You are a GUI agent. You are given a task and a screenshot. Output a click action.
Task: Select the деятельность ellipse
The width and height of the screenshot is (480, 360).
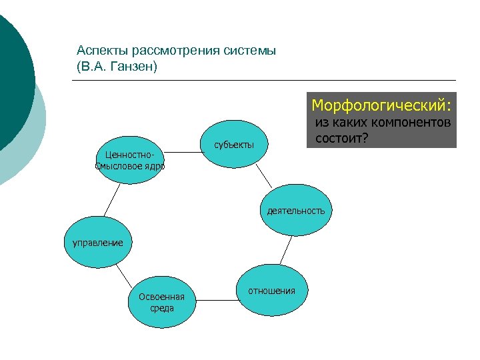tap(295, 211)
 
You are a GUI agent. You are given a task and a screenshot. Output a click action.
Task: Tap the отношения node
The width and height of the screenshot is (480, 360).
tap(271, 291)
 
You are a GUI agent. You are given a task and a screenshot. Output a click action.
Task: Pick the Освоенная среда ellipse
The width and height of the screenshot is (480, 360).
tap(161, 302)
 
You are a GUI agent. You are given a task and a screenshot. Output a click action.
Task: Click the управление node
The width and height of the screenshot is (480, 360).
tap(98, 243)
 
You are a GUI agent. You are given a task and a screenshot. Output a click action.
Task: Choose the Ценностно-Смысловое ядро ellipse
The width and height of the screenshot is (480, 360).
tap(129, 161)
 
